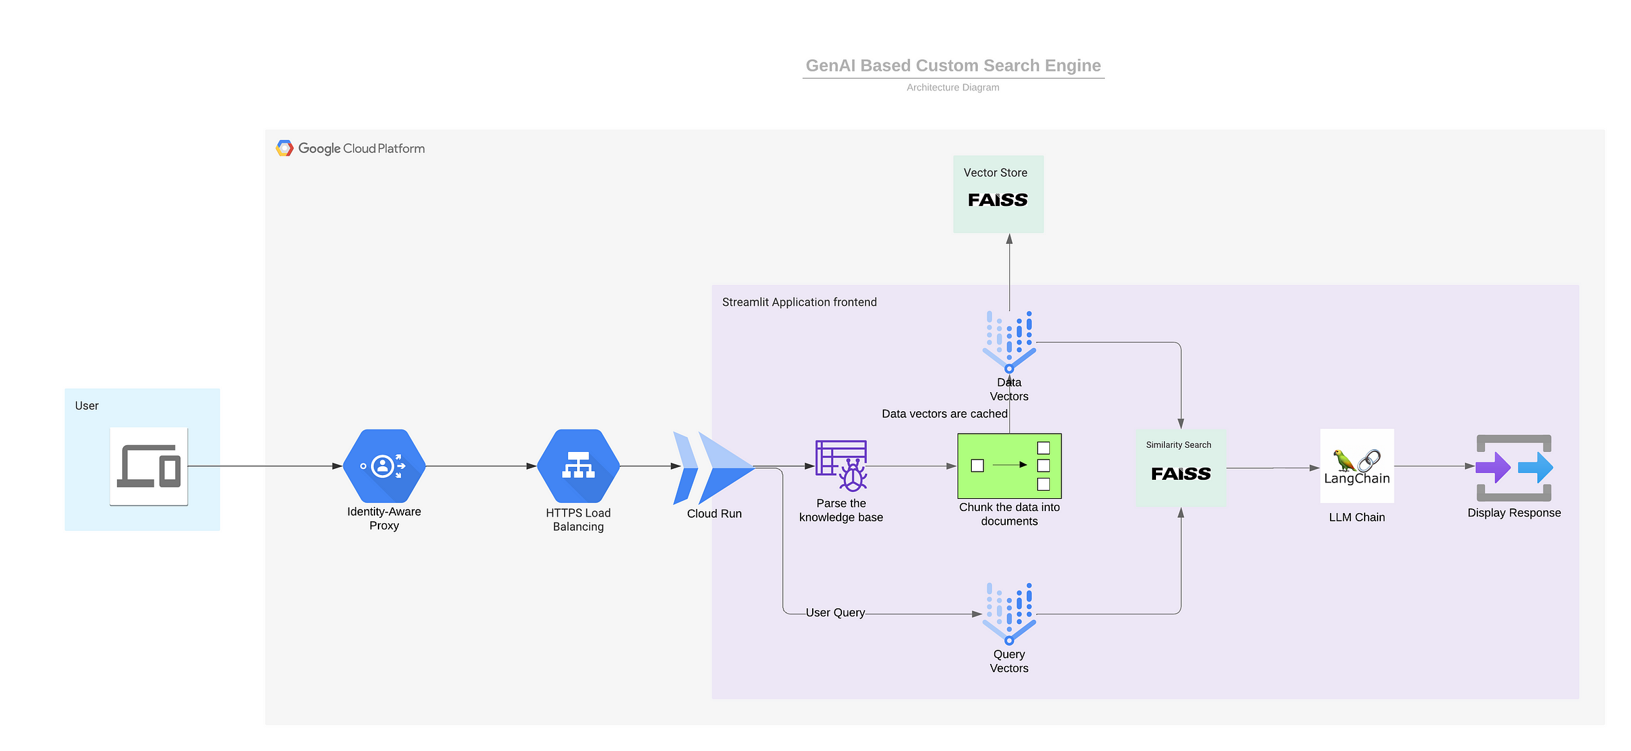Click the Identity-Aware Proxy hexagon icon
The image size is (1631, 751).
pos(384,466)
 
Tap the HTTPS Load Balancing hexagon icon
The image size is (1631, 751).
pos(578,466)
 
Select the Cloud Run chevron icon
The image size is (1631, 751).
pos(713,468)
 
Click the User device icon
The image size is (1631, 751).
pos(149,466)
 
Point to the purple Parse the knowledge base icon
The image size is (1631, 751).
pos(841,466)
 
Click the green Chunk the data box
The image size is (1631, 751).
pos(1009,466)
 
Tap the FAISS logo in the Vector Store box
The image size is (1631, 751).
pos(998,200)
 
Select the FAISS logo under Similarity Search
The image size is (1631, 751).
pos(1180,474)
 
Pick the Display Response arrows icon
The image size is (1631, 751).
pos(1514,468)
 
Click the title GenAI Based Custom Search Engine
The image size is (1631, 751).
pos(953,65)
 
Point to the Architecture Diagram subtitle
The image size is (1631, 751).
pos(953,87)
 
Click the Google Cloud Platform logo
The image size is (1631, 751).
pos(351,148)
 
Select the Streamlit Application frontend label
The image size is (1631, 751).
pos(799,302)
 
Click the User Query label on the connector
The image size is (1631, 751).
pos(835,612)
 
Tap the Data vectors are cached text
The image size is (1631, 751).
pos(944,413)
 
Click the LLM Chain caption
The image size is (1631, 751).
pos(1356,517)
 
